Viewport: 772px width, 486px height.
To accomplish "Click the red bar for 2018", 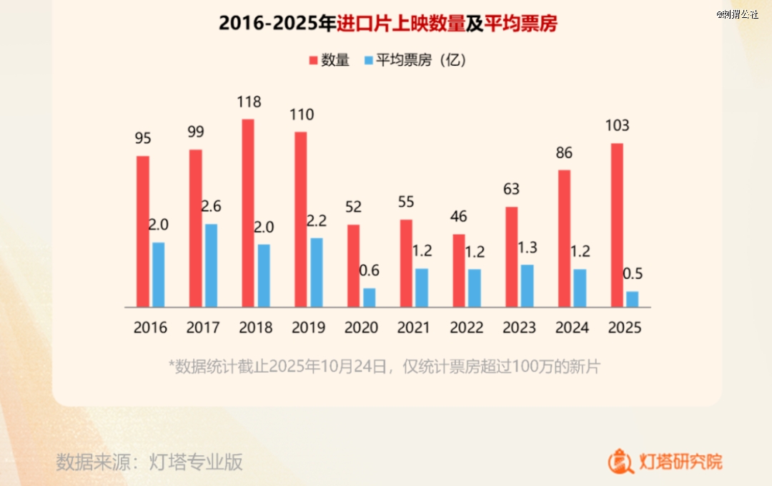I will (248, 213).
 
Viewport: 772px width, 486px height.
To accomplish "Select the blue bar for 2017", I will (211, 266).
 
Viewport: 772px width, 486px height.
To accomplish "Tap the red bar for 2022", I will (459, 271).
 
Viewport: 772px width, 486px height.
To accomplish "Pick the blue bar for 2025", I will (632, 299).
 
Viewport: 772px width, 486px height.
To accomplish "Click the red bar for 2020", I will (354, 266).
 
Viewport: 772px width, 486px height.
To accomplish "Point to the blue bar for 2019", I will (317, 272).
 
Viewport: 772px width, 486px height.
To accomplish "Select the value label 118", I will (249, 102).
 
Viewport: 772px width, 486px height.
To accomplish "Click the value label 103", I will (617, 126).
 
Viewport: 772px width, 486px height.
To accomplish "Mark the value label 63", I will (511, 190).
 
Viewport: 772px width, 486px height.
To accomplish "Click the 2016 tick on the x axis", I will (150, 328).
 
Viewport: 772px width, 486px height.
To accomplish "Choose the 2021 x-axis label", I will (414, 328).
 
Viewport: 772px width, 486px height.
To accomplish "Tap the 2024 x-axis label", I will (572, 328).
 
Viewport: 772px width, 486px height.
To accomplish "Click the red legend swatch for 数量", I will (312, 61).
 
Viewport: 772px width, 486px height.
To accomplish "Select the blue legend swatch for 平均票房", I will (368, 61).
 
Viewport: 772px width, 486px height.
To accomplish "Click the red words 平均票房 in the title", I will (520, 24).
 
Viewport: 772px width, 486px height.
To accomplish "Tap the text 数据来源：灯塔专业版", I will (149, 462).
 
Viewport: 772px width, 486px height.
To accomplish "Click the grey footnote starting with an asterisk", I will (385, 367).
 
